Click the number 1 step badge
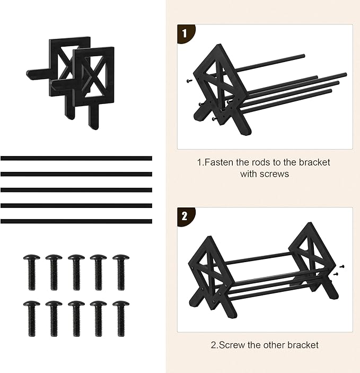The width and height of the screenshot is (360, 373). pos(185,33)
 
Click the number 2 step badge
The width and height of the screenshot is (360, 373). pos(185,216)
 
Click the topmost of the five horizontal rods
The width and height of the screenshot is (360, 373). pos(76,158)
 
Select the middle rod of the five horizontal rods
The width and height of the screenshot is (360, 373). pos(76,190)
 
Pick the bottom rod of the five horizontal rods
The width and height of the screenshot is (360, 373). pos(76,221)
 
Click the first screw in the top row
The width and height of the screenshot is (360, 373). pos(32,272)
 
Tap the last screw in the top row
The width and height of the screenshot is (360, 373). pos(121,272)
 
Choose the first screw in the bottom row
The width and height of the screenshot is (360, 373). pos(32,319)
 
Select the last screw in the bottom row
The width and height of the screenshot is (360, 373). pos(121,319)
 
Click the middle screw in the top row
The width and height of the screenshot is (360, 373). pos(76,272)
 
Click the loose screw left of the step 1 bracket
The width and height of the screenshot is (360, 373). pos(189,81)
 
